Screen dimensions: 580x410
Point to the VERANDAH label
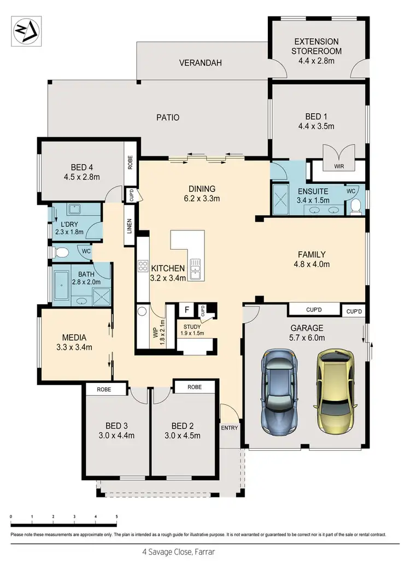tap(201, 63)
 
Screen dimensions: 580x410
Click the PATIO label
tap(168, 117)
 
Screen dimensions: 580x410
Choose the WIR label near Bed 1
tap(339, 166)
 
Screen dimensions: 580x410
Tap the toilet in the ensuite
tap(356, 206)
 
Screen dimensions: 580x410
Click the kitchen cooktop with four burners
tap(143, 266)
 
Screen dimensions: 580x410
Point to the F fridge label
tap(186, 310)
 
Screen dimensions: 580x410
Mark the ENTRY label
tap(230, 428)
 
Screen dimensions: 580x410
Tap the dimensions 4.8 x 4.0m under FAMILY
tap(312, 264)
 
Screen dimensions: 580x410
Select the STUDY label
tap(192, 327)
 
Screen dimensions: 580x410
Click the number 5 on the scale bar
tap(116, 516)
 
